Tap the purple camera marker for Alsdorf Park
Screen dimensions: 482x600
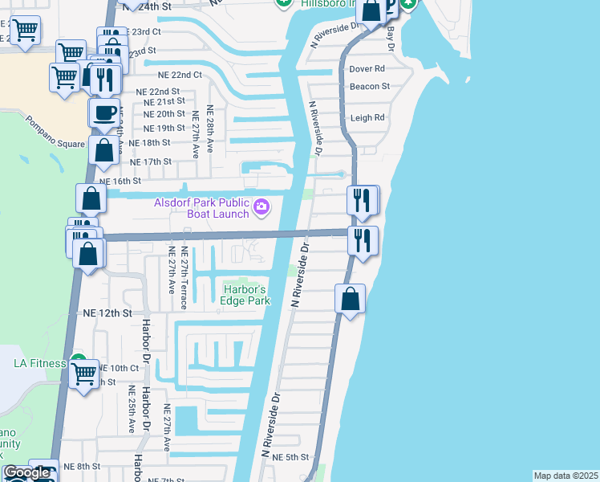click(x=261, y=209)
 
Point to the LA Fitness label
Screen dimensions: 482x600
click(x=39, y=363)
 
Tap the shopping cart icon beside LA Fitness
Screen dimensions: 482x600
click(x=84, y=374)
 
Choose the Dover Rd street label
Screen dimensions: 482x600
click(x=367, y=69)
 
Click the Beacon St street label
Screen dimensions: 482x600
click(x=369, y=86)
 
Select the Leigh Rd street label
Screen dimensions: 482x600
click(x=367, y=117)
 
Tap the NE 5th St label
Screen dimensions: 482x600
click(x=290, y=457)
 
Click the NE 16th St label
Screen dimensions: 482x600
click(x=126, y=182)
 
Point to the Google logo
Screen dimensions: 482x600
click(x=26, y=472)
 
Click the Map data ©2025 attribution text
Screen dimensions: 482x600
click(x=566, y=476)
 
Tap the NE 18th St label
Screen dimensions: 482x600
click(x=150, y=142)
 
